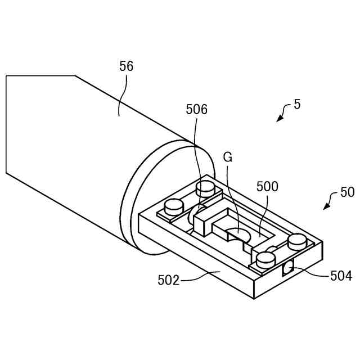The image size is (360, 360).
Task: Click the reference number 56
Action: point(127,66)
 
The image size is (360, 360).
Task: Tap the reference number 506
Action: point(197,110)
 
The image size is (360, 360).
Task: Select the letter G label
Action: point(227,157)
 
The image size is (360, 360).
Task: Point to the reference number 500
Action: point(267,187)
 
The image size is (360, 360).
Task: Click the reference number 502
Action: point(169,280)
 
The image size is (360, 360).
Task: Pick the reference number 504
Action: point(341,276)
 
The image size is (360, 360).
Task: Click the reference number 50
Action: point(348,192)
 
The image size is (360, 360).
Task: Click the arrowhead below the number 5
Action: point(278,119)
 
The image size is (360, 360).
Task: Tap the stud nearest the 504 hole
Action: point(265,259)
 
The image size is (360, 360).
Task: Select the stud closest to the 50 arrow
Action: point(296,242)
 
